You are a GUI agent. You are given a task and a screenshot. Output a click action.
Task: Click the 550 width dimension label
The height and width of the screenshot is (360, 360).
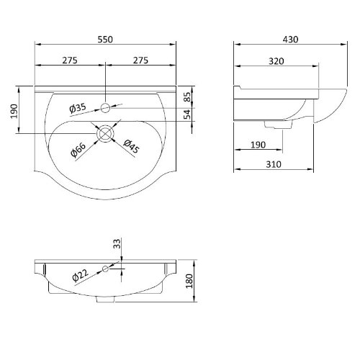105,40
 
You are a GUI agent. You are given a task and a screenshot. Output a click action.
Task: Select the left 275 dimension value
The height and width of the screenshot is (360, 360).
70,60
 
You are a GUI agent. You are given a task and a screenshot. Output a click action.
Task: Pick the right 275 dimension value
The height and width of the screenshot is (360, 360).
140,60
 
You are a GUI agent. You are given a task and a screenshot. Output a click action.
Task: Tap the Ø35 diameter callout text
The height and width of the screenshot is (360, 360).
78,108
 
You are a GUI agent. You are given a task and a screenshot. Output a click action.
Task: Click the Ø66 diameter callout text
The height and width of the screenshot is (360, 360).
78,150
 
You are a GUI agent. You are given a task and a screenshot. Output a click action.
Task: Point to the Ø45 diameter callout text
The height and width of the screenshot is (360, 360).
131,146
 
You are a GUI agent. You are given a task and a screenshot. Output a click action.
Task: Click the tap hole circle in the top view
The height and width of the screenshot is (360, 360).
105,108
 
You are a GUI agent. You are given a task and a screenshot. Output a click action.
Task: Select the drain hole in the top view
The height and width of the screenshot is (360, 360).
105,134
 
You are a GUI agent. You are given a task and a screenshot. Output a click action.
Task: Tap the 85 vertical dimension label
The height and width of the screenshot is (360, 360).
188,97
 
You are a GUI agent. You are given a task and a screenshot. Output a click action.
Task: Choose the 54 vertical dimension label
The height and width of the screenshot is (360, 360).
187,114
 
